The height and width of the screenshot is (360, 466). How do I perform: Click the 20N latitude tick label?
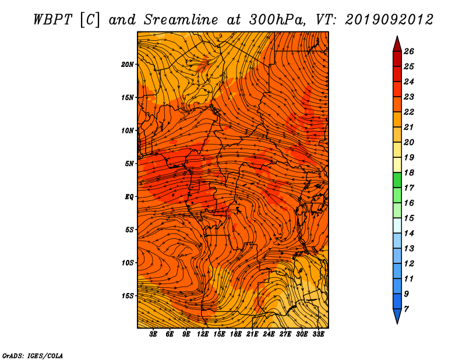tap(127, 65)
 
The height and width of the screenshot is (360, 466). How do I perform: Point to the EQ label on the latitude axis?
tap(129, 197)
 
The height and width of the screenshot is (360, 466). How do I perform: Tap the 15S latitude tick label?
tap(128, 296)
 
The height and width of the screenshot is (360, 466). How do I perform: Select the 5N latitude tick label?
tap(129, 164)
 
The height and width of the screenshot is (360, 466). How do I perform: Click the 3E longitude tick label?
tap(153, 334)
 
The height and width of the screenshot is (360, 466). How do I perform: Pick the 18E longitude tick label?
tap(236, 334)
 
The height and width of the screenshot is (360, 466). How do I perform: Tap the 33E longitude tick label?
tap(318, 334)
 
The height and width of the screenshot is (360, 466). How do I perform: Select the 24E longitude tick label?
tap(269, 334)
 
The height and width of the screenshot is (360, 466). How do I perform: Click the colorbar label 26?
tap(409, 51)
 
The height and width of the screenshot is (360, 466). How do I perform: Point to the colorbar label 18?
tap(409, 172)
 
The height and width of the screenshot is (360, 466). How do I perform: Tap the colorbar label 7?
tap(406, 309)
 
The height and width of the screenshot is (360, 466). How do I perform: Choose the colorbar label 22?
tap(409, 112)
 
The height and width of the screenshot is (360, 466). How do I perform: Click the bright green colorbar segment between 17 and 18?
tap(397, 180)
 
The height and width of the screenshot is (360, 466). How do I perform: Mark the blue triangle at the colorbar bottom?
tap(397, 315)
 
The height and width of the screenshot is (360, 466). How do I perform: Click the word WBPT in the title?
tap(53, 20)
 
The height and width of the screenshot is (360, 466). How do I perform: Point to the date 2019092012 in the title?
tap(389, 20)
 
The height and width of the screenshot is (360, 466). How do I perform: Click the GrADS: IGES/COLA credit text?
tap(33, 355)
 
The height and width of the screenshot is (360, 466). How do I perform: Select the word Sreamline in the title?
tap(181, 20)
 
